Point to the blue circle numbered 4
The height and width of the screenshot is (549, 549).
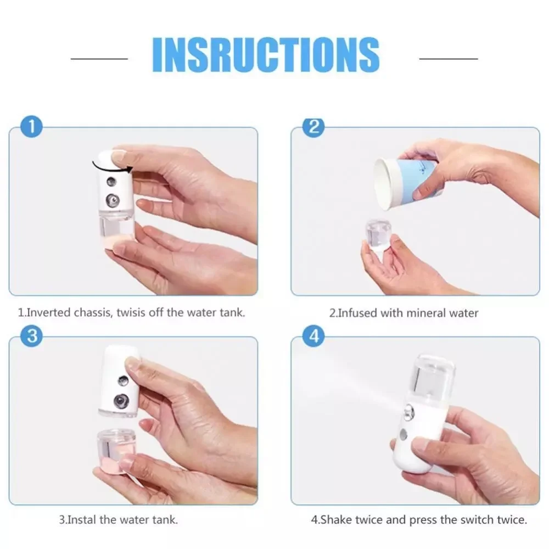(x=314, y=337)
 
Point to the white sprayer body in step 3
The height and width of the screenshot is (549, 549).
(x=118, y=384)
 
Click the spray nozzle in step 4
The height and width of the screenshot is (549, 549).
(x=408, y=410)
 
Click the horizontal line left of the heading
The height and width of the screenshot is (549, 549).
(x=99, y=58)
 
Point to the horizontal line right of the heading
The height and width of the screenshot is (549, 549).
(x=449, y=58)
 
